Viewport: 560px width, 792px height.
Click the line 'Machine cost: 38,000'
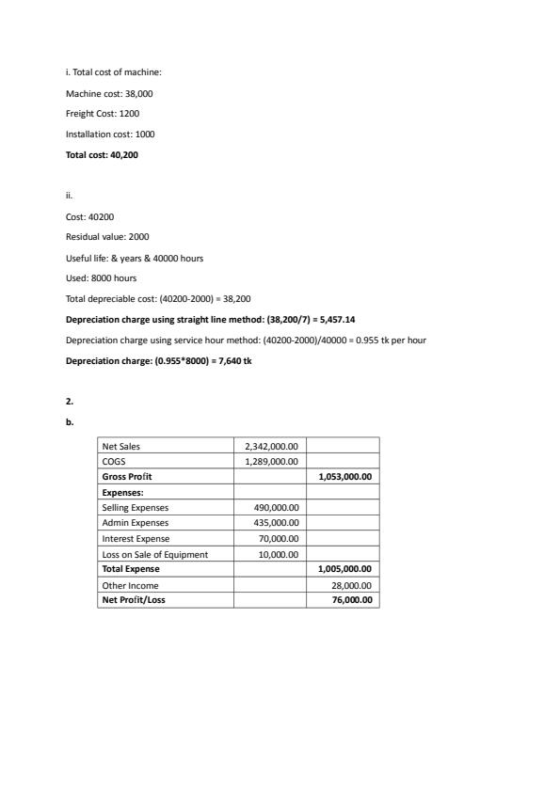coord(103,94)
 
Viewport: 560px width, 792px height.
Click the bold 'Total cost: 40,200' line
coord(102,154)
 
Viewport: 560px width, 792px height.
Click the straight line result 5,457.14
coord(337,319)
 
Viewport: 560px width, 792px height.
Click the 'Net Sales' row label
coord(120,447)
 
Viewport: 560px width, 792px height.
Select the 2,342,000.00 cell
coord(271,447)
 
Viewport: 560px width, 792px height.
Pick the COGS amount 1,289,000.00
coord(271,462)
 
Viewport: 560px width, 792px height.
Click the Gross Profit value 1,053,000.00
coord(345,477)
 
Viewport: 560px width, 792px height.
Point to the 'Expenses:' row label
coord(122,492)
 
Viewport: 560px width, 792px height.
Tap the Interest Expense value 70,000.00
coord(279,538)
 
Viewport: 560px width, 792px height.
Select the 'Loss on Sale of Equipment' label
coord(154,554)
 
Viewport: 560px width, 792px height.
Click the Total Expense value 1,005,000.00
coord(345,568)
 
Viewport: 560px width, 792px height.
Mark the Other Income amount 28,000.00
coord(353,584)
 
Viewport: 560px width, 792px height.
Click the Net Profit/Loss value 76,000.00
coord(353,599)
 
